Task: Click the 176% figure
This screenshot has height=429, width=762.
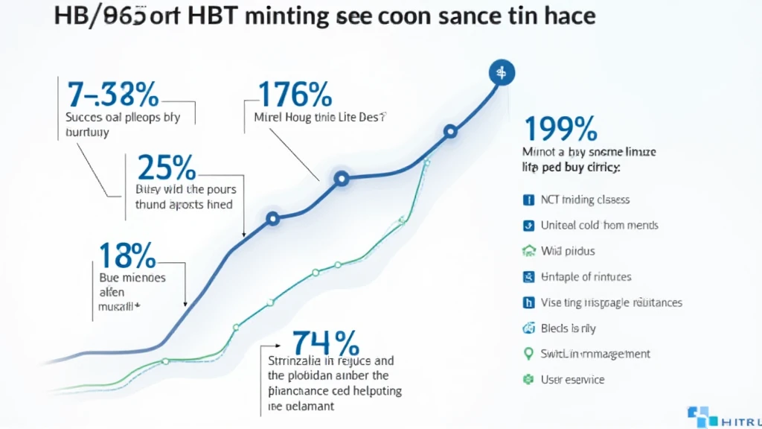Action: click(294, 95)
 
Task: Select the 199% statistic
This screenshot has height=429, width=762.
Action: click(561, 128)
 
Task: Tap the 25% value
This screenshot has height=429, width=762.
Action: click(166, 169)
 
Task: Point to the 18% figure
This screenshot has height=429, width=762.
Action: click(127, 255)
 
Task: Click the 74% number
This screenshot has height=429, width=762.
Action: click(325, 343)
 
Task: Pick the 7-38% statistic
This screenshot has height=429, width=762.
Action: click(112, 95)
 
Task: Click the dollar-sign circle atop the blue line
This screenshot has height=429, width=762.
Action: click(501, 72)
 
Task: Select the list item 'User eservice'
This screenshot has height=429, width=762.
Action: click(573, 379)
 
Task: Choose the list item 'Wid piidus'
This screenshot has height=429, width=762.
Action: click(568, 251)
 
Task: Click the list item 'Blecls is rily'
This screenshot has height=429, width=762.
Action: click(569, 328)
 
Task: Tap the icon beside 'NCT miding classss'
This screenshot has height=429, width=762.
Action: click(529, 200)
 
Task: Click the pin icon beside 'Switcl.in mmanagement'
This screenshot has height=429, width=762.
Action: click(529, 353)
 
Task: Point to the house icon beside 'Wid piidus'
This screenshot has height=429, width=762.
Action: click(529, 251)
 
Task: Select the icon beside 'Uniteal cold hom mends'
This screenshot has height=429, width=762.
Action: click(529, 225)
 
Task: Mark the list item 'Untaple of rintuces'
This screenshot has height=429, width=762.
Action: click(586, 276)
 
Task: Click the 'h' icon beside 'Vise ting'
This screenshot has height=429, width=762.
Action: click(529, 302)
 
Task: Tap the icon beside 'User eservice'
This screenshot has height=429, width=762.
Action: click(529, 379)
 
